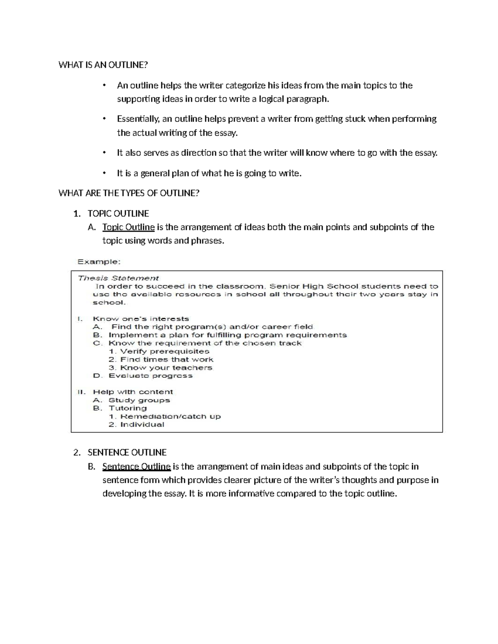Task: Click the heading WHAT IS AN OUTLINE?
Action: (x=103, y=65)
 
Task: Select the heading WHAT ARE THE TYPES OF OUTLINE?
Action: (x=129, y=193)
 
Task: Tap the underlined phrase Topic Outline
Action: (x=128, y=227)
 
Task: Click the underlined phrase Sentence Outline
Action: (x=136, y=467)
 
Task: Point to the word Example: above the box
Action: (x=99, y=262)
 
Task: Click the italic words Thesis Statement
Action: (x=118, y=278)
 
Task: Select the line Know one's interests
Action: (x=141, y=319)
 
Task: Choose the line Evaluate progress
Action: (x=150, y=376)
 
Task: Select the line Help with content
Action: (x=133, y=392)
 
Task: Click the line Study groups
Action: (x=139, y=400)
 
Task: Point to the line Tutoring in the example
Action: (x=127, y=408)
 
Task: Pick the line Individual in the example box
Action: (x=142, y=425)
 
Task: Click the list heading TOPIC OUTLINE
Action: (x=118, y=214)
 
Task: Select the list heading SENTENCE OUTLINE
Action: (x=127, y=452)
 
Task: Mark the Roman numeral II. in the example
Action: (x=82, y=392)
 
